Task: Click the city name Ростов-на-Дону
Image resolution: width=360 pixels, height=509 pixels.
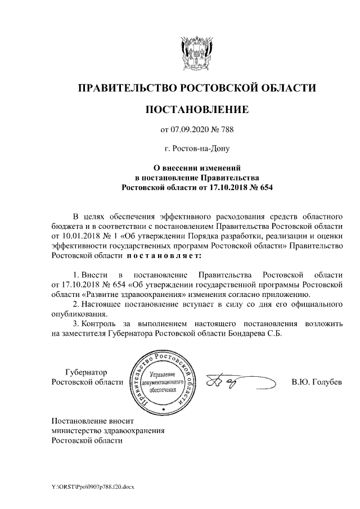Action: coord(196,149)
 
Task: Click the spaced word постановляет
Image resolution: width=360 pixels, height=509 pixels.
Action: coord(159,256)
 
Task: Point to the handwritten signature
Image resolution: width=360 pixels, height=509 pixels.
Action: coord(231,382)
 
